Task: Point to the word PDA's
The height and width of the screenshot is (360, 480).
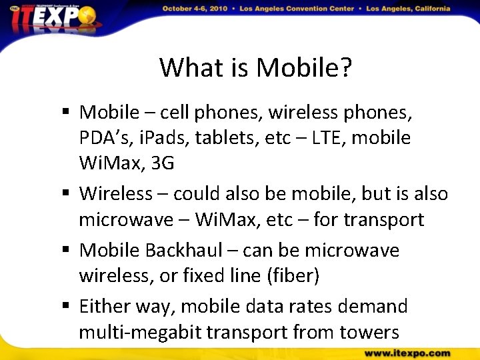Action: point(105,138)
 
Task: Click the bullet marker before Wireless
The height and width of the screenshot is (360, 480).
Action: point(67,194)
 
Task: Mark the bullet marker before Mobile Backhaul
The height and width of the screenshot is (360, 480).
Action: point(67,250)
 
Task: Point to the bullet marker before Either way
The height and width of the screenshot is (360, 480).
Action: point(67,306)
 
